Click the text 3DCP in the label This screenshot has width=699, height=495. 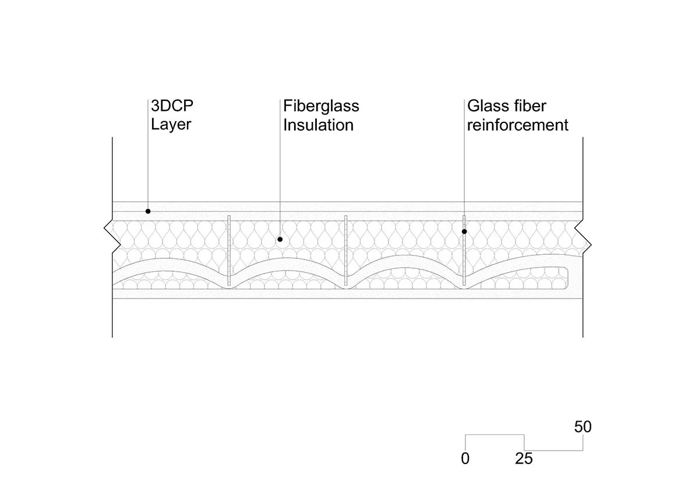click(x=172, y=106)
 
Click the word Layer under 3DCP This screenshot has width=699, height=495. click(x=171, y=125)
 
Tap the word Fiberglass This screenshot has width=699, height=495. click(x=321, y=107)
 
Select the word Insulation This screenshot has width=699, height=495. click(x=318, y=125)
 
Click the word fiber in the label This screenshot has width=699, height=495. click(x=530, y=106)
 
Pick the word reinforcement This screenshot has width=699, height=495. click(x=517, y=125)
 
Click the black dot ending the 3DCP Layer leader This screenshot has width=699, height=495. click(x=148, y=211)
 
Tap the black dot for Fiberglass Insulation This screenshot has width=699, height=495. click(x=280, y=239)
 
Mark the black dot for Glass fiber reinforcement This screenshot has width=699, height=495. click(x=465, y=231)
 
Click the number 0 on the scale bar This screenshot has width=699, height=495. click(x=465, y=459)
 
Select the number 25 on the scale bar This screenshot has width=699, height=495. click(x=524, y=459)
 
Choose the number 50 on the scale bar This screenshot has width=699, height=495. click(x=582, y=427)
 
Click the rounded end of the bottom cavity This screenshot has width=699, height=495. click(x=566, y=278)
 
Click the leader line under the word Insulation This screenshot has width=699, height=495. click(x=280, y=187)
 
